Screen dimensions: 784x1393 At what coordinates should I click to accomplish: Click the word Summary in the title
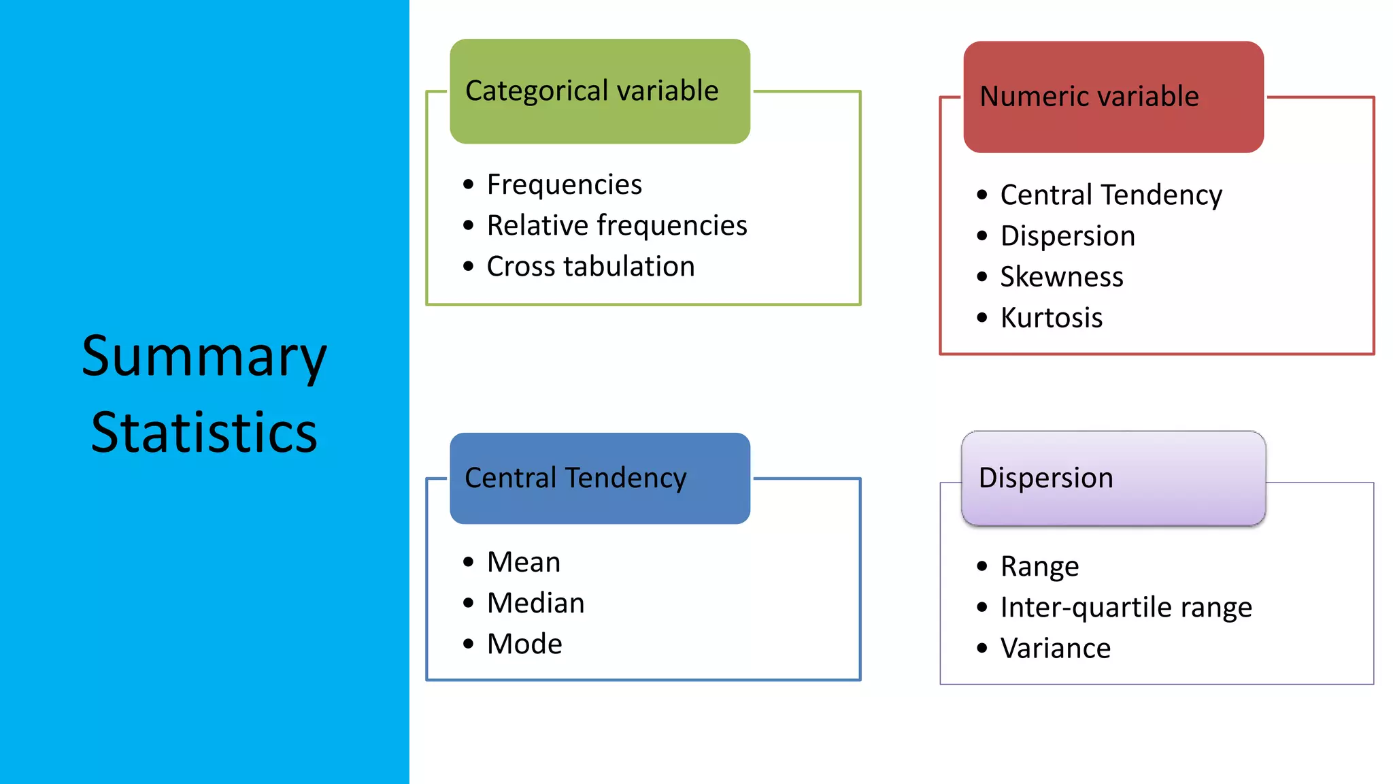pyautogui.click(x=204, y=357)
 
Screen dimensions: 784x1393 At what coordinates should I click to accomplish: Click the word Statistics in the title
pyautogui.click(x=204, y=433)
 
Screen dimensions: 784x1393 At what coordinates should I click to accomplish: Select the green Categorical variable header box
pyautogui.click(x=599, y=91)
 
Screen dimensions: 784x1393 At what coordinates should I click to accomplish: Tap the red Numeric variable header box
pyautogui.click(x=1113, y=97)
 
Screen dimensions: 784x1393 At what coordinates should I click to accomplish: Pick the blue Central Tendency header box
pyautogui.click(x=599, y=478)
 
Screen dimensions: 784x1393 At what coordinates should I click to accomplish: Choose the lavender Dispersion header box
pyautogui.click(x=1113, y=478)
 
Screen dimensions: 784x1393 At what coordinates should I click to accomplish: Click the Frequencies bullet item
pyautogui.click(x=564, y=184)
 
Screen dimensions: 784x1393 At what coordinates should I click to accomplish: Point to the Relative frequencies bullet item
pyautogui.click(x=616, y=225)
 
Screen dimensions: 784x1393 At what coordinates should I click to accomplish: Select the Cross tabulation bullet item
pyautogui.click(x=590, y=266)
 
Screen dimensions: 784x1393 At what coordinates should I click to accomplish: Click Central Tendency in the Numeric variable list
pyautogui.click(x=1111, y=195)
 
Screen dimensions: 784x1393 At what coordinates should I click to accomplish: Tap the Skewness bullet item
pyautogui.click(x=1061, y=277)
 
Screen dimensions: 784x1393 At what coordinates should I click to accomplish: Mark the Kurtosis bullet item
pyautogui.click(x=1051, y=318)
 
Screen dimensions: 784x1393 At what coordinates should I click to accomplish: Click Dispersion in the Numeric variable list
pyautogui.click(x=1067, y=236)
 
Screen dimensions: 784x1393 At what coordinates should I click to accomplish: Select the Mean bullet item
pyautogui.click(x=523, y=562)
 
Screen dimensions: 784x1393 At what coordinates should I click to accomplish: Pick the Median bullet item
pyautogui.click(x=535, y=603)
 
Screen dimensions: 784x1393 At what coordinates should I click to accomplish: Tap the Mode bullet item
pyautogui.click(x=524, y=644)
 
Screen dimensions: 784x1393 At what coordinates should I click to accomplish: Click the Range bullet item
pyautogui.click(x=1039, y=566)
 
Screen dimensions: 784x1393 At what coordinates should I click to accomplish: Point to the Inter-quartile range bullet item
pyautogui.click(x=1126, y=607)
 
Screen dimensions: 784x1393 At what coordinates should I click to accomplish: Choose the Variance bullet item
pyautogui.click(x=1055, y=648)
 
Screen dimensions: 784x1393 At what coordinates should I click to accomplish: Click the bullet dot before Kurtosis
pyautogui.click(x=981, y=318)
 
